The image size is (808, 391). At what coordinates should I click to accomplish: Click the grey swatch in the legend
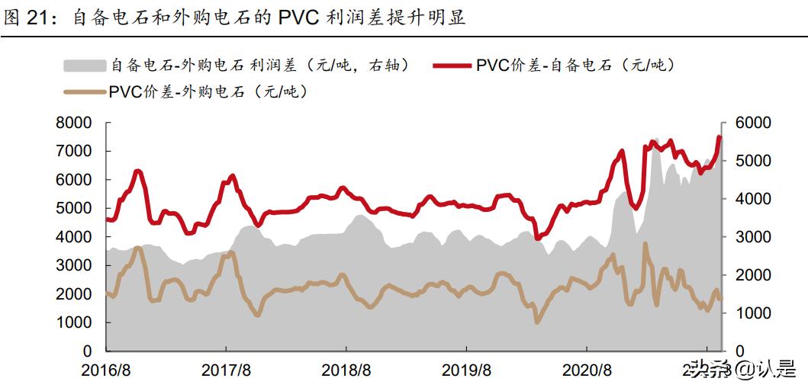[84, 65]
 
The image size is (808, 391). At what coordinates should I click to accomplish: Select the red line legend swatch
[452, 65]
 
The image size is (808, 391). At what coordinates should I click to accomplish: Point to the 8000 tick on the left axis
[76, 123]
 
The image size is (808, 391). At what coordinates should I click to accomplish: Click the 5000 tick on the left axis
[76, 208]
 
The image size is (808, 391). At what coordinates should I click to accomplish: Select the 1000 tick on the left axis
[76, 322]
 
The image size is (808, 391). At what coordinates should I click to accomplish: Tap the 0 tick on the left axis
[87, 351]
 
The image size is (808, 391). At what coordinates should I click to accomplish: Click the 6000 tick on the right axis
[752, 123]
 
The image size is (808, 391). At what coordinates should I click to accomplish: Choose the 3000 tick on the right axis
[752, 237]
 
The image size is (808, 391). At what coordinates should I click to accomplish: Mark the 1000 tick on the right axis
[752, 313]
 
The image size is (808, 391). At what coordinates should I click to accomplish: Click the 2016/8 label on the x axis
[106, 371]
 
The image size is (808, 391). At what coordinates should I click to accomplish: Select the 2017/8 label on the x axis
[226, 371]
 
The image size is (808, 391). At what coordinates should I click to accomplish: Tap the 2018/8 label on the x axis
[346, 371]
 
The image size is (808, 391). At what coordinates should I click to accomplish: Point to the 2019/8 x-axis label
[466, 371]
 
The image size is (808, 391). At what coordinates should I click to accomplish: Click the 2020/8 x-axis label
[587, 371]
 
